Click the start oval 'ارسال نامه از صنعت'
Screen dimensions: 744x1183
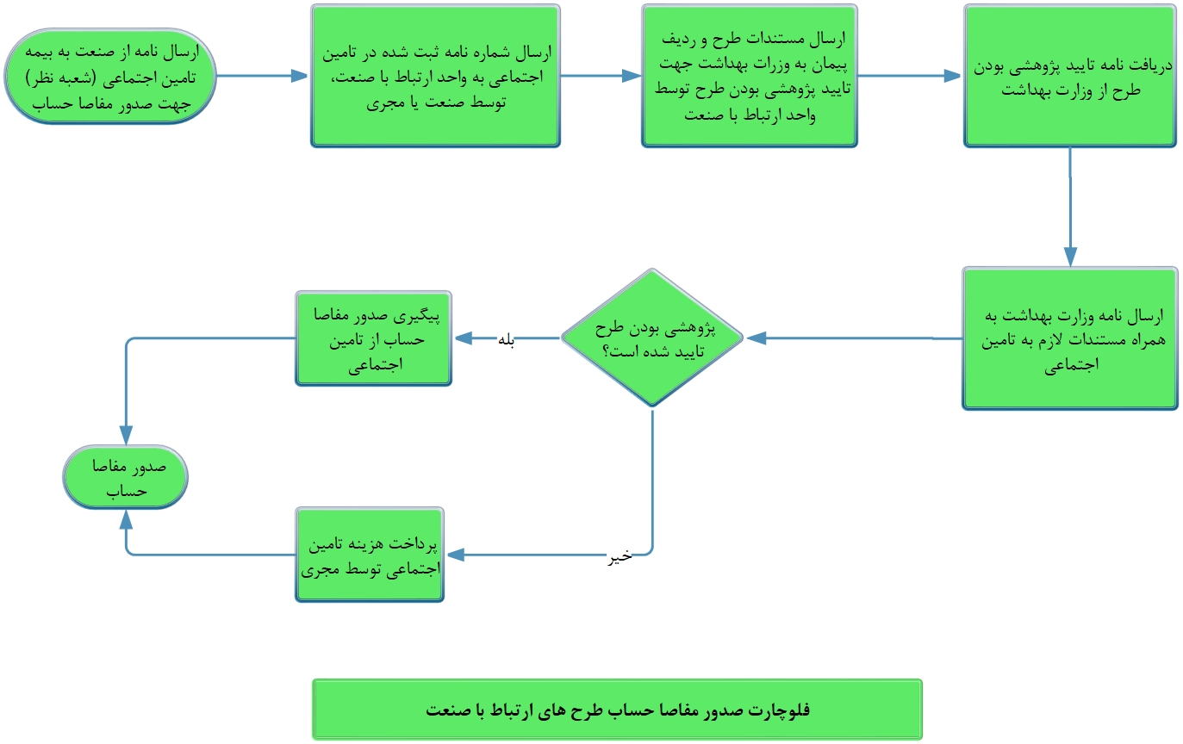point(110,76)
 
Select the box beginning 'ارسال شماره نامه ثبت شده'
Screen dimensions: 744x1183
point(435,76)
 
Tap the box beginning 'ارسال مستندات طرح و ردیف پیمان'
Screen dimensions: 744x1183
point(749,76)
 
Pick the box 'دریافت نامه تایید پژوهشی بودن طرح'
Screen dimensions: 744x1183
point(1069,76)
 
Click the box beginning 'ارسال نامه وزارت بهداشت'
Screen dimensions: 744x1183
point(1069,338)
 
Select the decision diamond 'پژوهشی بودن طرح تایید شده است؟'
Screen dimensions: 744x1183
point(652,338)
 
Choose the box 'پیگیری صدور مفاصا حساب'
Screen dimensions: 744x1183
point(373,338)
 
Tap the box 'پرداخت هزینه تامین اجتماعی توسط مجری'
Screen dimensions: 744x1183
point(370,555)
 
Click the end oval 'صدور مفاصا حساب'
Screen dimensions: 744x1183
point(126,476)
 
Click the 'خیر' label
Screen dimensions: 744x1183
point(621,556)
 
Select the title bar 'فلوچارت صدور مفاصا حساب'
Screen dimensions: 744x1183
point(617,710)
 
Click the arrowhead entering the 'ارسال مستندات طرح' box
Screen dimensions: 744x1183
point(632,76)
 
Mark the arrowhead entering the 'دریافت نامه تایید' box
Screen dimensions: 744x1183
point(953,76)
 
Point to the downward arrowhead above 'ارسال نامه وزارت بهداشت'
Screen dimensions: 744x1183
point(1070,257)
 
